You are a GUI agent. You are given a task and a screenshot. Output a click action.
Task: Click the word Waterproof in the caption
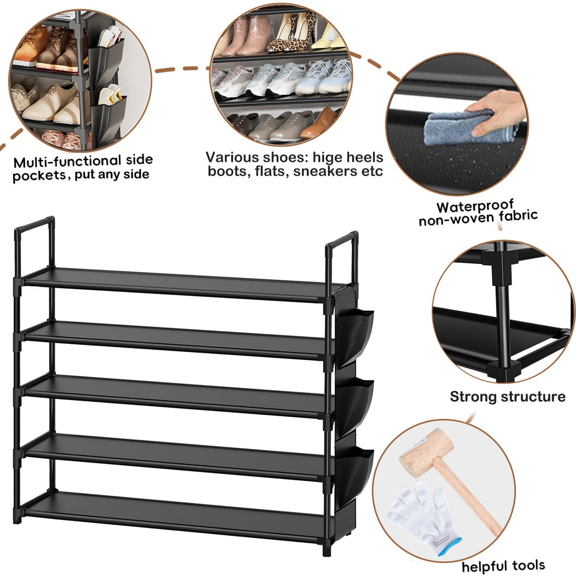click(475, 206)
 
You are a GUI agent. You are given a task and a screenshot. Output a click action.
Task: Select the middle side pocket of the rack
click(355, 403)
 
